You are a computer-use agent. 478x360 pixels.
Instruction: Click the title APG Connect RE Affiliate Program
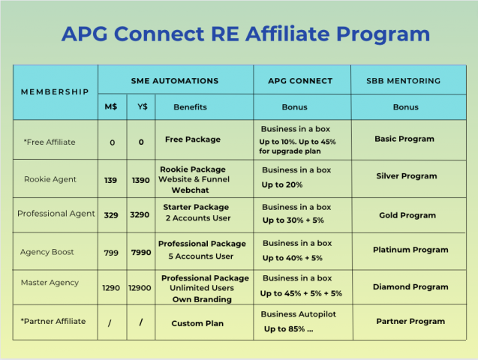pos(245,34)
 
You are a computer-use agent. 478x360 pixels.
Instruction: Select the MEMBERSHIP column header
pos(55,91)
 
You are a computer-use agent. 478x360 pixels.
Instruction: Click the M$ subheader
pos(110,106)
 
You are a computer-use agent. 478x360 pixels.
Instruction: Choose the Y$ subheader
pos(142,106)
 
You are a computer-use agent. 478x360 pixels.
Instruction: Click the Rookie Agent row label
pos(50,179)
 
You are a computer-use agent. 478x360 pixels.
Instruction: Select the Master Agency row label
pos(51,283)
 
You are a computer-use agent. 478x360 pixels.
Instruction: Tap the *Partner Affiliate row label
pos(53,321)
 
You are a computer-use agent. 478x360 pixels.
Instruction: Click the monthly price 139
pos(111,180)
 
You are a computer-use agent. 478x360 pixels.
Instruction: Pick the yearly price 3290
pos(141,215)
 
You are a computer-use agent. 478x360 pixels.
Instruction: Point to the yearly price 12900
pos(141,287)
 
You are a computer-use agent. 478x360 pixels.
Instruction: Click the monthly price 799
pos(111,253)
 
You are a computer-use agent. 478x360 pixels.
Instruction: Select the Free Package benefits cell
pos(193,139)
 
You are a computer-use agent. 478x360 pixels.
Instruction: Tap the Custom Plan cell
pos(197,323)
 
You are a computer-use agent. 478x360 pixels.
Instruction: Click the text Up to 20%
pos(282,184)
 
